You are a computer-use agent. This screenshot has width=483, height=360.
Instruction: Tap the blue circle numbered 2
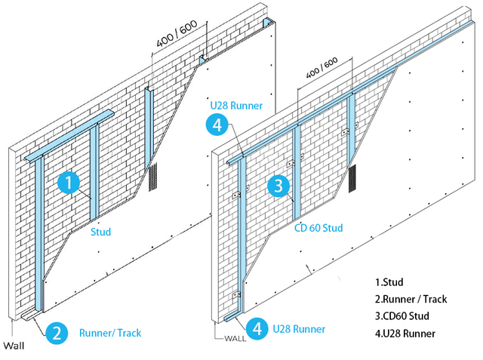pos(57,332)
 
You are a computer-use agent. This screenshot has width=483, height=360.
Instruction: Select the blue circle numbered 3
pos(278,185)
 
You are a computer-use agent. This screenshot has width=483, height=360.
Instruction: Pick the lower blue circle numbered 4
pos(257,328)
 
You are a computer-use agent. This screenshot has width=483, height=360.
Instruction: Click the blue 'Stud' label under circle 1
pos(100,232)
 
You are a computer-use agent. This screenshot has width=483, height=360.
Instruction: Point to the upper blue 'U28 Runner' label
pos(238,105)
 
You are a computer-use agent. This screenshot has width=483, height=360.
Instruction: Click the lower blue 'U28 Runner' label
pos(300,329)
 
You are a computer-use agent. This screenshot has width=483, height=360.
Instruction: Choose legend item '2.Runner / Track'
pos(411,299)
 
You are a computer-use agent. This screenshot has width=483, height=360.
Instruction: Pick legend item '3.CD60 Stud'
pos(405,316)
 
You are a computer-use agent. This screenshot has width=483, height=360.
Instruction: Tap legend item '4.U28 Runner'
pos(408,334)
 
